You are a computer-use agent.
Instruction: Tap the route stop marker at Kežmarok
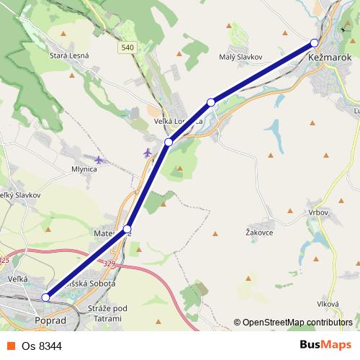point(314,42)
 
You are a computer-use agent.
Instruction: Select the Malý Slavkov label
point(240,56)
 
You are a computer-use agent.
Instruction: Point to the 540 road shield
point(127,48)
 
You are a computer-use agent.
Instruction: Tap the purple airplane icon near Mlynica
point(99,159)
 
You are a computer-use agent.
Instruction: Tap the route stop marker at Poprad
point(45,297)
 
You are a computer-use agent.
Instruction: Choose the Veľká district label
point(17,278)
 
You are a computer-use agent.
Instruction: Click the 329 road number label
point(109,264)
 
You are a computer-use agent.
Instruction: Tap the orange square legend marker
point(12,346)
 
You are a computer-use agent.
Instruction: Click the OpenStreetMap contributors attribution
point(295,323)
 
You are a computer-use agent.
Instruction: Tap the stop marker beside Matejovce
point(127,229)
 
